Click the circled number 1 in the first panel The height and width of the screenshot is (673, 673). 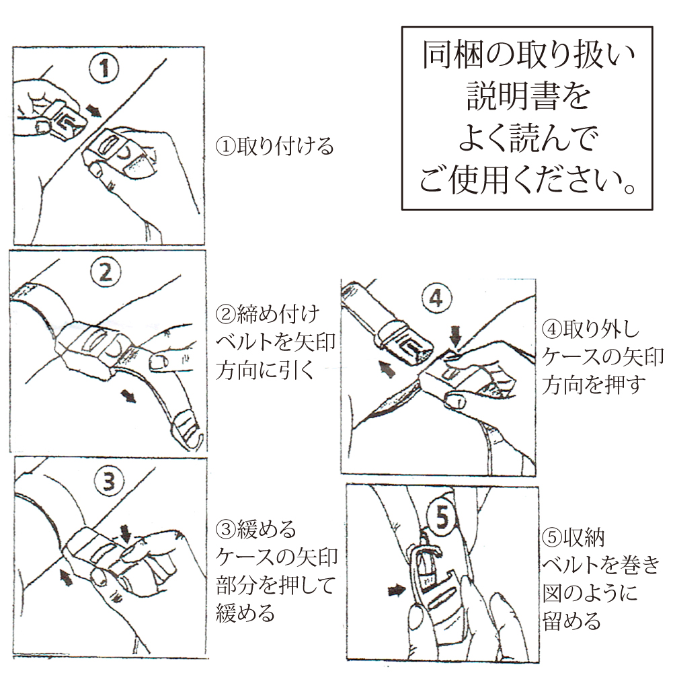[105, 68]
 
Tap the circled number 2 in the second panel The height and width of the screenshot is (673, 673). [106, 272]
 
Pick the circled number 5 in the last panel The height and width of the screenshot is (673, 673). [442, 518]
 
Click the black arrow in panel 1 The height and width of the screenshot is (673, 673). [93, 111]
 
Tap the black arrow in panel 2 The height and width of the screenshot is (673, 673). [128, 396]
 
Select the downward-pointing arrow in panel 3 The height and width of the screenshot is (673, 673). [126, 533]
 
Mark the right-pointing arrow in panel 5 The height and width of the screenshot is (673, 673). [397, 590]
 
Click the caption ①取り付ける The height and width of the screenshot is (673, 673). [275, 147]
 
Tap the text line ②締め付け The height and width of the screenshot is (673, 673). [268, 314]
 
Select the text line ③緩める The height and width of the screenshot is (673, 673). [255, 529]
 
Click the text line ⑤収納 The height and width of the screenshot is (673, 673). [573, 538]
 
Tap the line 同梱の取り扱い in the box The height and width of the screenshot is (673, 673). [528, 54]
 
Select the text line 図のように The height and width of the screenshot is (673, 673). [590, 593]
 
